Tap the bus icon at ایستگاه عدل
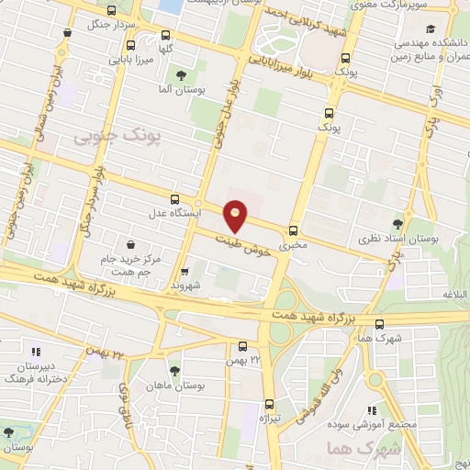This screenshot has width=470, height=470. click(175, 198)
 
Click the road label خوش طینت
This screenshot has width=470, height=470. click(247, 243)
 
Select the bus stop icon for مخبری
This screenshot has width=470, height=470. click(293, 230)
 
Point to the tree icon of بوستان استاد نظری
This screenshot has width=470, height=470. click(397, 223)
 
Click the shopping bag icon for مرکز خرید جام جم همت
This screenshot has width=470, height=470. click(133, 245)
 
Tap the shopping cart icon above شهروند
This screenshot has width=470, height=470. click(186, 272)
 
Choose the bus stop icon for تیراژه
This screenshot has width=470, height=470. click(269, 404)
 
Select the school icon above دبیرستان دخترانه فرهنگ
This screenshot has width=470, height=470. click(37, 351)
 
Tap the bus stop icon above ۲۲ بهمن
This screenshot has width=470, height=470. click(242, 346)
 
